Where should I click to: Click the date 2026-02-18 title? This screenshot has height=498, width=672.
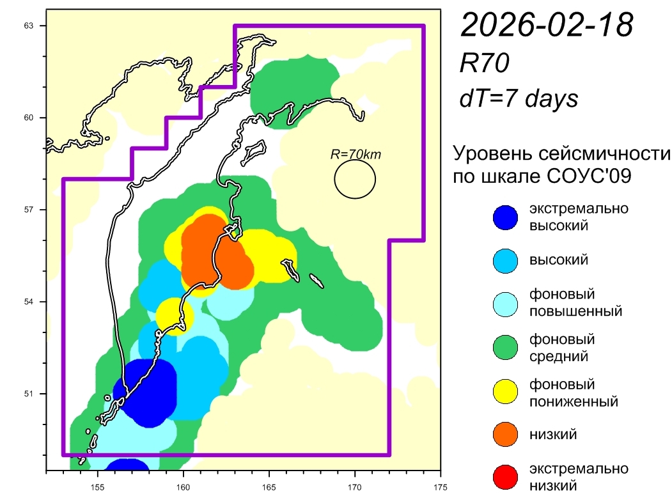547,26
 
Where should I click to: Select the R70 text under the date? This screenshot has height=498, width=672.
484,64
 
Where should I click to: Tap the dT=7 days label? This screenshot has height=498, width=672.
519,98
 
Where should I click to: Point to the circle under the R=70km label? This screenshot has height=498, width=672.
355,179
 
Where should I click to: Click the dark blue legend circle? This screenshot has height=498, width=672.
505,217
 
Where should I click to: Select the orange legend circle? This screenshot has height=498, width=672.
505,435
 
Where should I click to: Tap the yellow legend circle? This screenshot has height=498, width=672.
505,391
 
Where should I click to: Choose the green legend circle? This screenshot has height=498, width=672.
505,348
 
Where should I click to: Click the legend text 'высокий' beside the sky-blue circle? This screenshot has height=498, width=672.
558,260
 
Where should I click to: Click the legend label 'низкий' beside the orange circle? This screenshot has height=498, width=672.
553,435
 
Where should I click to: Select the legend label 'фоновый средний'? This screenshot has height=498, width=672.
562,347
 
